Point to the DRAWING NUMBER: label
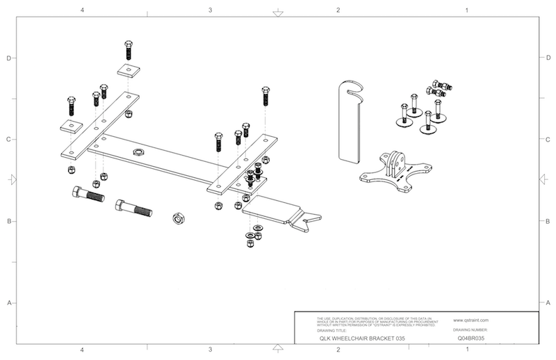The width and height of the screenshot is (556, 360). coord(471,330)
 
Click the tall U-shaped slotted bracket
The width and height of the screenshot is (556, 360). coord(352,122)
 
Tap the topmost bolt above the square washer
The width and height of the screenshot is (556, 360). coord(129,49)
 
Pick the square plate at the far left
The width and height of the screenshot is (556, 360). coord(71,126)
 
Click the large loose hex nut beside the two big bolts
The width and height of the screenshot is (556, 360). coord(178,219)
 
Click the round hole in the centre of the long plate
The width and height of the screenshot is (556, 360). coord(138,152)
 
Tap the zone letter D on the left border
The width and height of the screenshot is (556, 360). coord(8,58)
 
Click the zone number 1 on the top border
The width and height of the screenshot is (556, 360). coord(466,10)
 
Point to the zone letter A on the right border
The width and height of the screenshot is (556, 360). coord(548,304)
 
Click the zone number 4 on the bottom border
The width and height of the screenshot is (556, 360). coord(82,350)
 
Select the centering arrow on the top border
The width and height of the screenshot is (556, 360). coord(278,13)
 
